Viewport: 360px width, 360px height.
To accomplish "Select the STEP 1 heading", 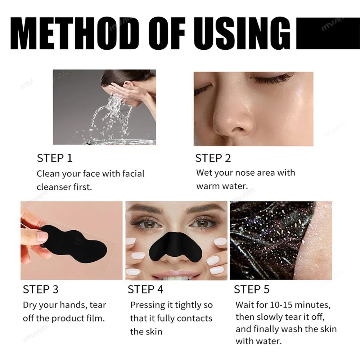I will coord(55,158).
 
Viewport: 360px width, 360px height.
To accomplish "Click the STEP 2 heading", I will coord(213,158).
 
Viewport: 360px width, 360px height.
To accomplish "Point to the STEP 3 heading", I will coord(41,289).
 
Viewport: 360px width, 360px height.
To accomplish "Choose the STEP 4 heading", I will coord(145,289).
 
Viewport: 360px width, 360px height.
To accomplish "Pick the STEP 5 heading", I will coord(252,289).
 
